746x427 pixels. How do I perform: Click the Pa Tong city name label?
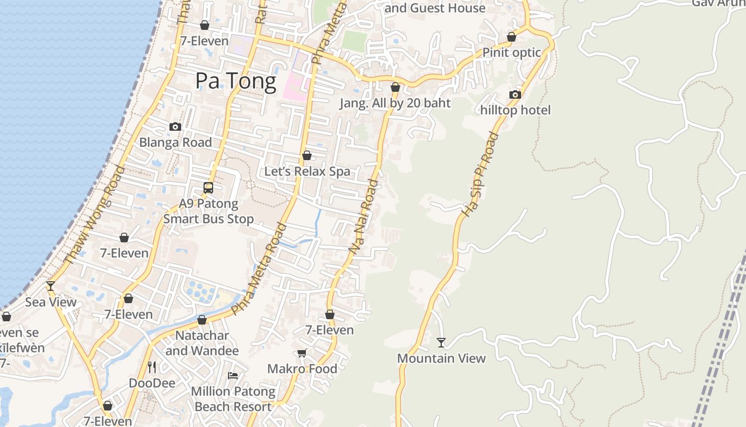click(x=236, y=81)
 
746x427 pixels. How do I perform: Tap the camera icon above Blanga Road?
click(x=175, y=126)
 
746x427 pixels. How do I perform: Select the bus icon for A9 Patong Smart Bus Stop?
click(x=208, y=188)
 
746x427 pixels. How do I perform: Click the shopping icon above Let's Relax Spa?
click(x=307, y=155)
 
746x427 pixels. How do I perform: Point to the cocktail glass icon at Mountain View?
click(x=441, y=342)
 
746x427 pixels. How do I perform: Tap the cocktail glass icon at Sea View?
click(x=51, y=286)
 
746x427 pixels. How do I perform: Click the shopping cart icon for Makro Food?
click(x=302, y=353)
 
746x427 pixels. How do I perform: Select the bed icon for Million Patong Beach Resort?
click(x=233, y=376)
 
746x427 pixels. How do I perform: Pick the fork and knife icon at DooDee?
click(x=152, y=367)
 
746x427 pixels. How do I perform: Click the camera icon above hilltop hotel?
click(x=515, y=94)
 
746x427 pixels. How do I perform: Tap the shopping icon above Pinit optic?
click(x=512, y=37)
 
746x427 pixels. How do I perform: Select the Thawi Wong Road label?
click(x=94, y=215)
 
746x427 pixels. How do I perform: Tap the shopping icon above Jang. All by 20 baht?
click(x=395, y=87)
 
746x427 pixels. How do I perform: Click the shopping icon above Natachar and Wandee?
click(x=202, y=320)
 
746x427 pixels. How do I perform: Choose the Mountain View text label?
click(x=441, y=358)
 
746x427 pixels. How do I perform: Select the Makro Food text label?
click(x=302, y=369)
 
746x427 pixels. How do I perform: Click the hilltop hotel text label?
click(x=515, y=110)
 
